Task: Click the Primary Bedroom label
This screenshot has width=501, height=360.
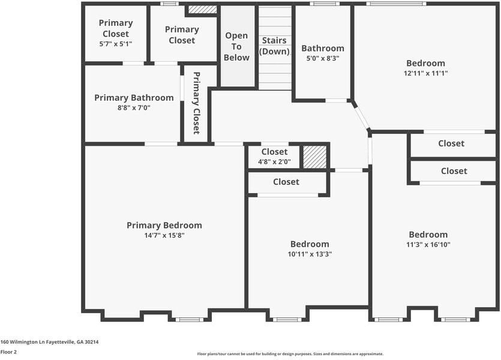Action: pyautogui.click(x=164, y=225)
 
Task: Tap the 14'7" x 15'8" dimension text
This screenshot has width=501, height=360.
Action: pyautogui.click(x=164, y=235)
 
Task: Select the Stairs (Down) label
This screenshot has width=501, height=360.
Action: pyautogui.click(x=274, y=46)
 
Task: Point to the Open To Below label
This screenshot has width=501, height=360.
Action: pyautogui.click(x=236, y=46)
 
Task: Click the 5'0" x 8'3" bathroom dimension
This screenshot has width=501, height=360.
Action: pyautogui.click(x=323, y=58)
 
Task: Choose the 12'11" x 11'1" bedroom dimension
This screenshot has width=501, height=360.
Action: pyautogui.click(x=425, y=73)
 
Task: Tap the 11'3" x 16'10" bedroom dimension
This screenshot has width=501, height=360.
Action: pyautogui.click(x=428, y=245)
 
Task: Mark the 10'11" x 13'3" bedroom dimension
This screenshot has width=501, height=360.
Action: pyautogui.click(x=310, y=254)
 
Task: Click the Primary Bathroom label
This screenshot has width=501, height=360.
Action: pyautogui.click(x=134, y=98)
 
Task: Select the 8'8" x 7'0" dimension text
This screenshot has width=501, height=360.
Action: pyautogui.click(x=134, y=107)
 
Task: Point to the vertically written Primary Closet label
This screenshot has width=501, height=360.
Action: pyautogui.click(x=197, y=103)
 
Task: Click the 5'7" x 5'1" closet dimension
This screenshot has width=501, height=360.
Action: pyautogui.click(x=116, y=44)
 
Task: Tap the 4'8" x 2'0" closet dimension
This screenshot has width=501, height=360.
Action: pyautogui.click(x=274, y=161)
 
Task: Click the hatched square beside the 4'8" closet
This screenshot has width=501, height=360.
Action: pyautogui.click(x=315, y=157)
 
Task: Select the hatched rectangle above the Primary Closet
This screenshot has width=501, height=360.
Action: pyautogui.click(x=202, y=9)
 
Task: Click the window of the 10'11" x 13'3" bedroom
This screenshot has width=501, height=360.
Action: pyautogui.click(x=287, y=319)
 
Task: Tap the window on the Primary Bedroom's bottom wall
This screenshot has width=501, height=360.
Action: pyautogui.click(x=190, y=319)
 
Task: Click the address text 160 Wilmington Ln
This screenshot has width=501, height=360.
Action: pyautogui.click(x=23, y=342)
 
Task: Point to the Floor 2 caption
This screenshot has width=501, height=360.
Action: pyautogui.click(x=8, y=352)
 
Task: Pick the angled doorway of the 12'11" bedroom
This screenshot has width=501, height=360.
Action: pyautogui.click(x=361, y=116)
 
